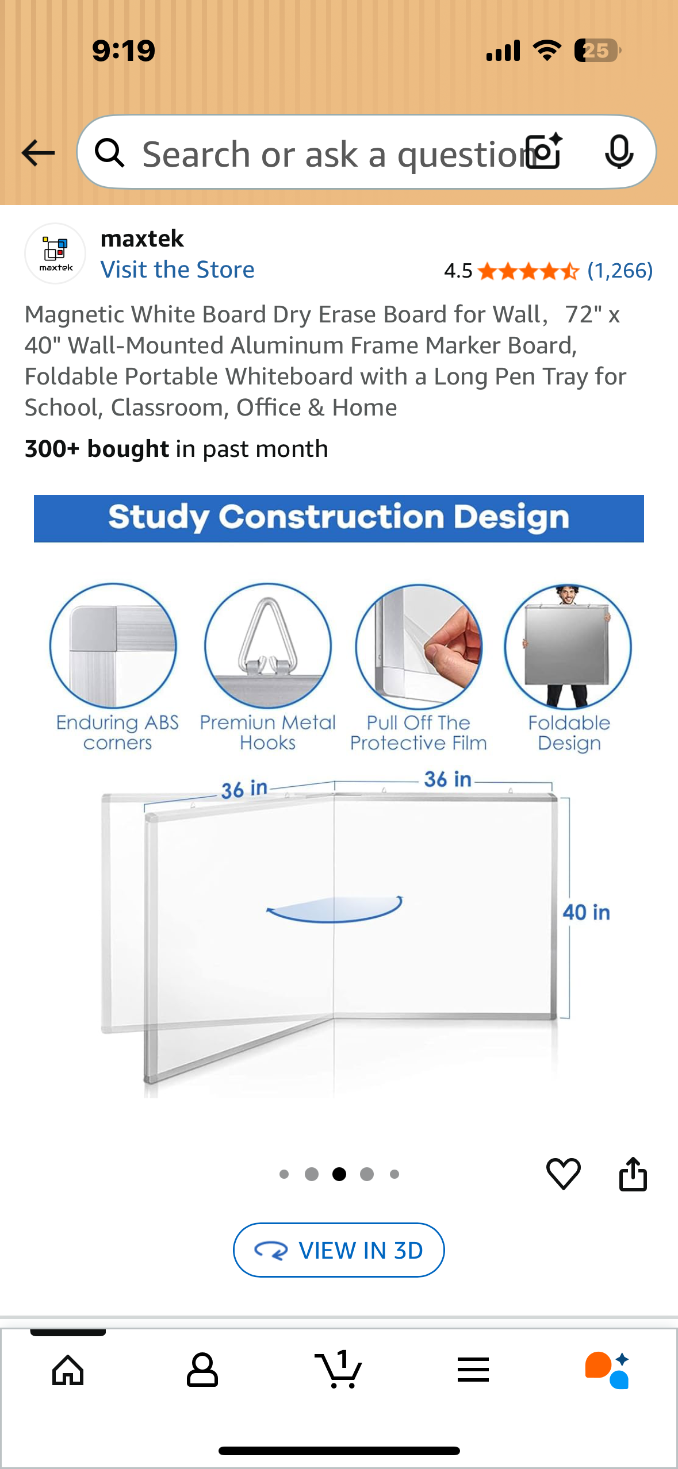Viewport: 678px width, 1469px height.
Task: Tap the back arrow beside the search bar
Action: [38, 153]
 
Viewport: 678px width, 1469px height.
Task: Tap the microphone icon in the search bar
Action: [619, 152]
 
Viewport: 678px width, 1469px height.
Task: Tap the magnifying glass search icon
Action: [109, 153]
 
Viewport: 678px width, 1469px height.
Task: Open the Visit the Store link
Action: [177, 270]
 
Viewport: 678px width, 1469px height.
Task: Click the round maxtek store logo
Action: [55, 253]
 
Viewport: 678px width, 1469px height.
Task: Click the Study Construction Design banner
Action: [339, 518]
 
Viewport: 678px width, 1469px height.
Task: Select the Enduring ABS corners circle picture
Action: [113, 645]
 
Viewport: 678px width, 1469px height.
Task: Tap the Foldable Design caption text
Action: [569, 733]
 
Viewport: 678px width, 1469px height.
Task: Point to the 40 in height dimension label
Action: [586, 912]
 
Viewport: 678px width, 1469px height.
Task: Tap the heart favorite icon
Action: [563, 1174]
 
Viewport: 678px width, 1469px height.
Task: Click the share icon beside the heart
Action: [633, 1174]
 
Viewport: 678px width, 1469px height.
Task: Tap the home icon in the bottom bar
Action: [68, 1370]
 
